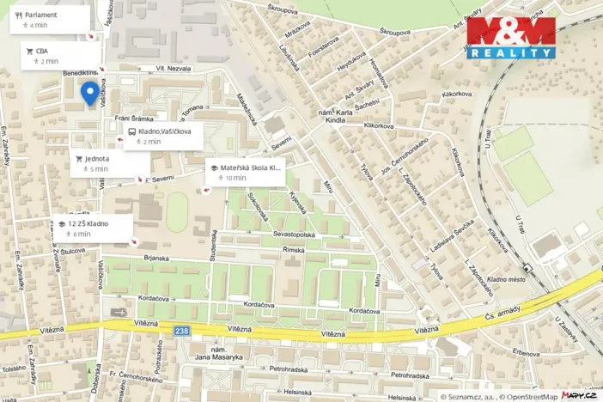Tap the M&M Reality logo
(510, 38)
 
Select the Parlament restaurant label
(41, 15)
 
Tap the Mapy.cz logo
(580, 395)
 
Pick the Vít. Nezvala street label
(171, 68)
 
